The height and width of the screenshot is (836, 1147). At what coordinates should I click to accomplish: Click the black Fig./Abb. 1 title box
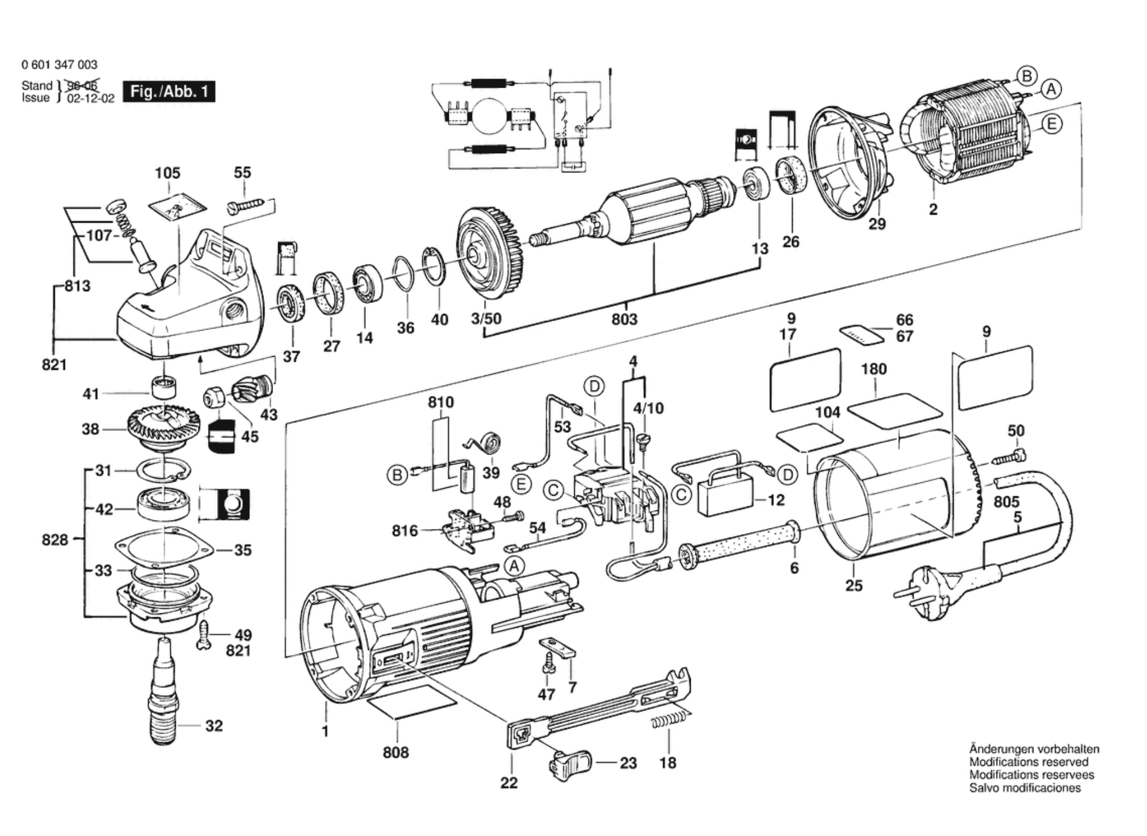(169, 92)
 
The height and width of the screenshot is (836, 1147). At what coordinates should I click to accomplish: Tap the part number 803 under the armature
(625, 319)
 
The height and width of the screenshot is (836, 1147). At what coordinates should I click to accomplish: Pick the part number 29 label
(877, 224)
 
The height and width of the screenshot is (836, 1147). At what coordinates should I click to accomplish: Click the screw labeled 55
(247, 204)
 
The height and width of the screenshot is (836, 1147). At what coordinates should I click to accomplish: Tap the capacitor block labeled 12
(726, 497)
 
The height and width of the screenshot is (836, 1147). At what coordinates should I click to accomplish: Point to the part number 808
(395, 752)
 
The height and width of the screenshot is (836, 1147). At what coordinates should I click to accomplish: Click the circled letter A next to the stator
(1051, 89)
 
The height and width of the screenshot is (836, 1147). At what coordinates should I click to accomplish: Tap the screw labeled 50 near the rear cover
(1009, 457)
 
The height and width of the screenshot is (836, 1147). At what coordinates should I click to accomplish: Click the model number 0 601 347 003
(59, 65)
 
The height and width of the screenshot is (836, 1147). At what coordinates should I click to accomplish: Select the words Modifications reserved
(1029, 762)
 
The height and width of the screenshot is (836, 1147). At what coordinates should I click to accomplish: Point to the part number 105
(167, 173)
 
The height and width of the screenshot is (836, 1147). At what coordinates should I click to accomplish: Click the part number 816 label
(405, 531)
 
